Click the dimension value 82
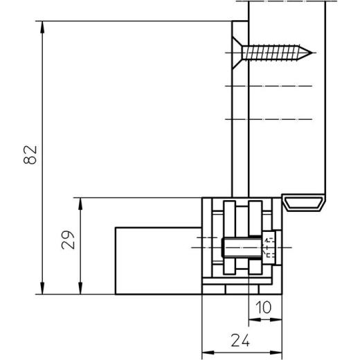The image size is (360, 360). pos(30,155)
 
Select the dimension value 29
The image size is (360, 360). pos(69,240)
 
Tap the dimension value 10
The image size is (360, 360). pos(264,307)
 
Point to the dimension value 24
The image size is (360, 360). pos(240,341)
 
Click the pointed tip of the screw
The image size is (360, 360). pos(312,53)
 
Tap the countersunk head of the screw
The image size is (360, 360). pos(237,53)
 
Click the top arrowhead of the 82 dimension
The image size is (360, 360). pos(42,27)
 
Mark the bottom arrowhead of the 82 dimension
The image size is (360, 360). pos(42,289)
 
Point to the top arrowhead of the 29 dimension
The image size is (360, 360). pos(80,204)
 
